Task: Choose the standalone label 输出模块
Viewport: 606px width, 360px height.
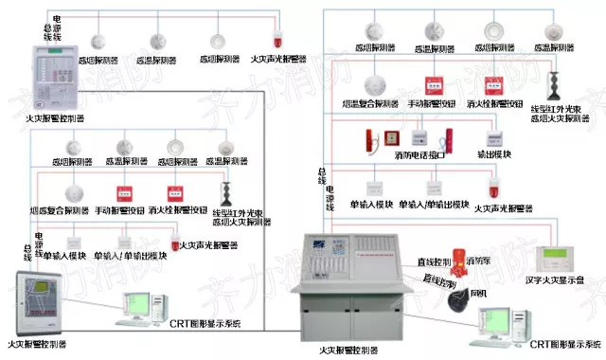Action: coord(494,153)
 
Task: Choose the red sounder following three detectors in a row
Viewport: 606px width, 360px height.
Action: coord(277,40)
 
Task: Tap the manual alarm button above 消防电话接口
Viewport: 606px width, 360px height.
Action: coord(434,84)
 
